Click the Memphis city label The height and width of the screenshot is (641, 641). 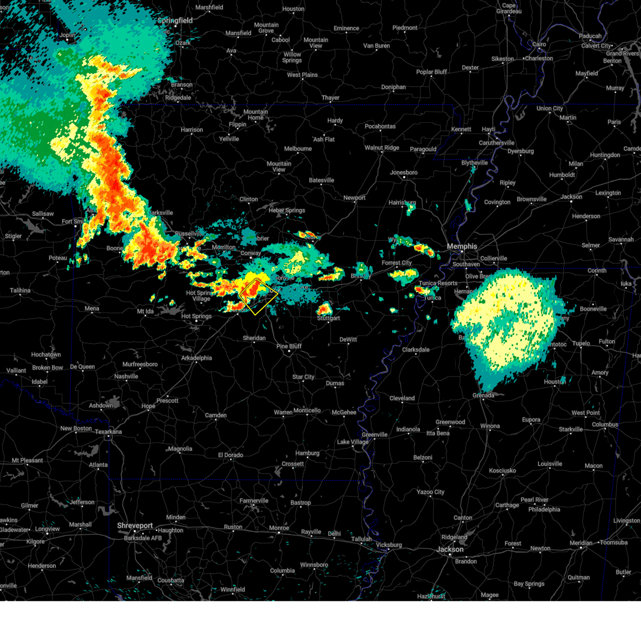pyautogui.click(x=462, y=246)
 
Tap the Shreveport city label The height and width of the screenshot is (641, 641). pyautogui.click(x=135, y=526)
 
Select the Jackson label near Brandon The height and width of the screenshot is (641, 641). pyautogui.click(x=450, y=549)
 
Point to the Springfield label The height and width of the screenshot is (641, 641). pyautogui.click(x=175, y=20)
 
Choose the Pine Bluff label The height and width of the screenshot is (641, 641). pyautogui.click(x=289, y=346)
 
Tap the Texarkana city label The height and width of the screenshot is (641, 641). pyautogui.click(x=108, y=432)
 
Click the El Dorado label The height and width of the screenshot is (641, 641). pyautogui.click(x=230, y=455)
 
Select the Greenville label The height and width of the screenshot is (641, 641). pyautogui.click(x=374, y=434)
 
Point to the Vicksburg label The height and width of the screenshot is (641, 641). pyautogui.click(x=388, y=545)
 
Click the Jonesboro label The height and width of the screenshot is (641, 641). pyautogui.click(x=403, y=173)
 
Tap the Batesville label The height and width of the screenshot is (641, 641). pyautogui.click(x=321, y=180)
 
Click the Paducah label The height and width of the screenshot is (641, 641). pyautogui.click(x=590, y=36)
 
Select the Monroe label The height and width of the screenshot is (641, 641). pyautogui.click(x=279, y=528)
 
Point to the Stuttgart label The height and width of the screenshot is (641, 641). pyautogui.click(x=329, y=318)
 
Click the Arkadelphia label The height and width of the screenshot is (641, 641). pyautogui.click(x=197, y=358)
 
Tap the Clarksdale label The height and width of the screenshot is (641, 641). pyautogui.click(x=416, y=349)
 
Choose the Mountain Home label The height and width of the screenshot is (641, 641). pyautogui.click(x=255, y=115)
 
